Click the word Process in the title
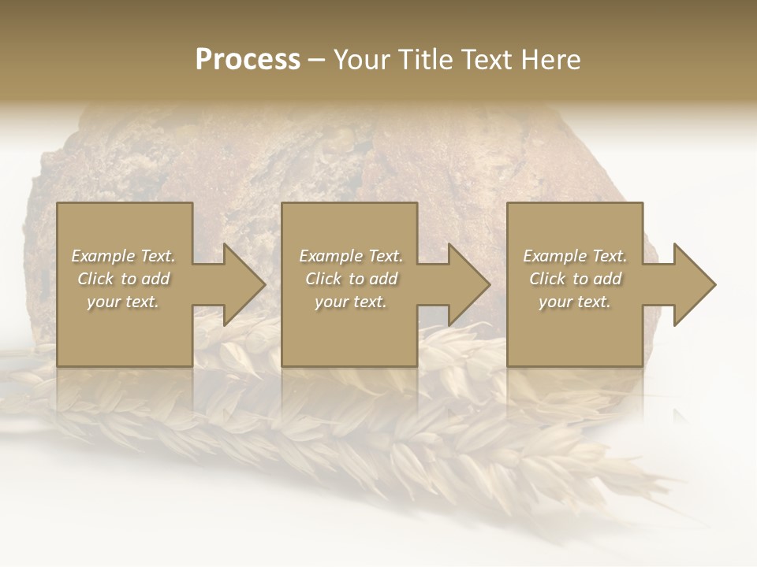click(x=248, y=60)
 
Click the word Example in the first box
click(x=102, y=256)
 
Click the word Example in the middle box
click(x=330, y=256)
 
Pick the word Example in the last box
click(x=554, y=256)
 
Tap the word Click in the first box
click(x=95, y=279)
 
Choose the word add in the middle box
click(x=383, y=279)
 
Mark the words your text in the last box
click(x=575, y=302)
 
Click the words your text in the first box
click(x=123, y=302)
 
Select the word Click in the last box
click(x=547, y=279)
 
